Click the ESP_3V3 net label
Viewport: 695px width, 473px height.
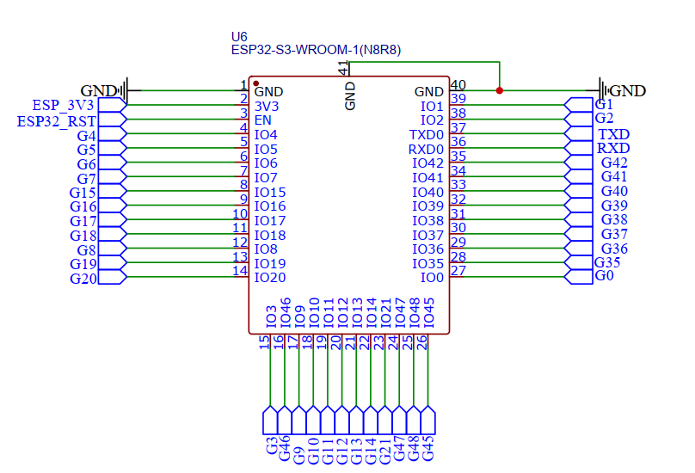(x=63, y=105)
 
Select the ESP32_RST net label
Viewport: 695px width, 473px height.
(x=57, y=120)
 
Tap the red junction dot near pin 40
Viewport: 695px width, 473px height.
(x=500, y=90)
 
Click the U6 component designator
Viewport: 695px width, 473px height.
(x=239, y=37)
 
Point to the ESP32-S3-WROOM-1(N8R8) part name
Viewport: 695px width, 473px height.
(x=316, y=51)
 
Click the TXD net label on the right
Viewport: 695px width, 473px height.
(x=613, y=134)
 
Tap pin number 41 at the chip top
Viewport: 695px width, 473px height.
(x=343, y=67)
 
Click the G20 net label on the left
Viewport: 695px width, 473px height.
(x=83, y=279)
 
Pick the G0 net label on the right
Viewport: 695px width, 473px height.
(x=605, y=276)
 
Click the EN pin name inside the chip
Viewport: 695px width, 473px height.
(x=263, y=120)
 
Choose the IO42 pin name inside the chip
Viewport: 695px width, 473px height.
(x=427, y=163)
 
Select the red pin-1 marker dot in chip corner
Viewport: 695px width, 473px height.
(x=256, y=83)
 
